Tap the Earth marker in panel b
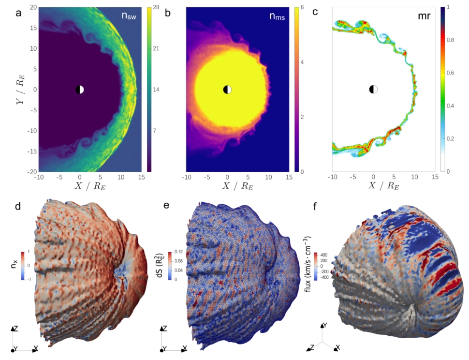tap(227, 90)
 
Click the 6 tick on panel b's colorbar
tap(304, 8)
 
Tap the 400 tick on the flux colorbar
tap(324, 254)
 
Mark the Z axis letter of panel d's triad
tap(16, 329)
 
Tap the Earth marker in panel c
tap(373, 90)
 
